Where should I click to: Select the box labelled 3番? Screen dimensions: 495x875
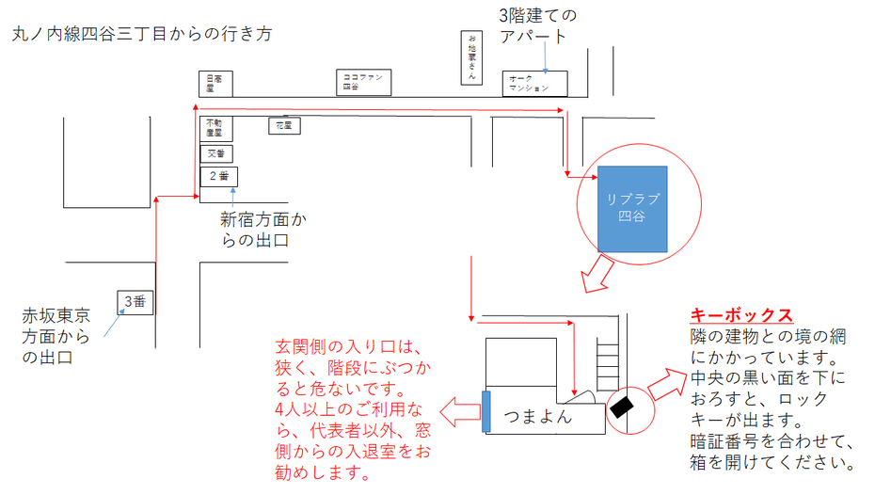[135, 301]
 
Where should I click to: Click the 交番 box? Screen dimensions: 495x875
[216, 152]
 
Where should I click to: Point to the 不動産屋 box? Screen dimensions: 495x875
[215, 128]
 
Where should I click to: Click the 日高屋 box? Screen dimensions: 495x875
[215, 84]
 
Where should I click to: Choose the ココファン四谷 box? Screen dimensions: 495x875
[363, 82]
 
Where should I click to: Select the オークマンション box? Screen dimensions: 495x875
[535, 83]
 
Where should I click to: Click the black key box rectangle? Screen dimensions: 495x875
[622, 407]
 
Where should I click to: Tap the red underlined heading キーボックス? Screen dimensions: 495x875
[741, 316]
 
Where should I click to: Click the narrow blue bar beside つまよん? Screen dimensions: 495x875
[485, 411]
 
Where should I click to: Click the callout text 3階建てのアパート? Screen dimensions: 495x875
[537, 25]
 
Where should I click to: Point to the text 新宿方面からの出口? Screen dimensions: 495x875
[263, 231]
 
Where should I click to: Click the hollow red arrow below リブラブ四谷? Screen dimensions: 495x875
[596, 272]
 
